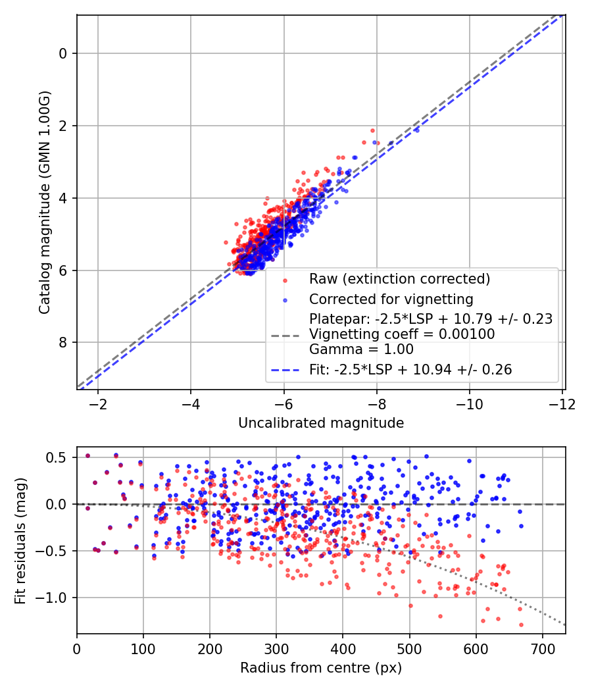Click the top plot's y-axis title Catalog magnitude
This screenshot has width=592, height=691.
pyautogui.click(x=44, y=203)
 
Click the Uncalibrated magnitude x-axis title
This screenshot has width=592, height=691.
pyautogui.click(x=321, y=423)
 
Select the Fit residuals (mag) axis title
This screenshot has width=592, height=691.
pyautogui.click(x=20, y=540)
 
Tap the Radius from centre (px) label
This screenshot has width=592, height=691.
pyautogui.click(x=321, y=668)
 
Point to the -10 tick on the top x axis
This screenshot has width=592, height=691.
pyautogui.click(x=469, y=403)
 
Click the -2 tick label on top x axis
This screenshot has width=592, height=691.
pyautogui.click(x=98, y=403)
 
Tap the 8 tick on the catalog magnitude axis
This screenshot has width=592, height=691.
pyautogui.click(x=64, y=342)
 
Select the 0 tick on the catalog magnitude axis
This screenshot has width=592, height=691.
pyautogui.click(x=64, y=53)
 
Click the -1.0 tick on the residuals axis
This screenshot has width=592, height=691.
pyautogui.click(x=57, y=598)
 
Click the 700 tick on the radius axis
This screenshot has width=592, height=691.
pyautogui.click(x=542, y=648)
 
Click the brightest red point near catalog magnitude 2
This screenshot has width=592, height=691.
pyautogui.click(x=372, y=130)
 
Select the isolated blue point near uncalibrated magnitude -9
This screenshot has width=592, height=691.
pyautogui.click(x=416, y=130)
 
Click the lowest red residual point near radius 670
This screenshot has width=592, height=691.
pyautogui.click(x=521, y=625)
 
